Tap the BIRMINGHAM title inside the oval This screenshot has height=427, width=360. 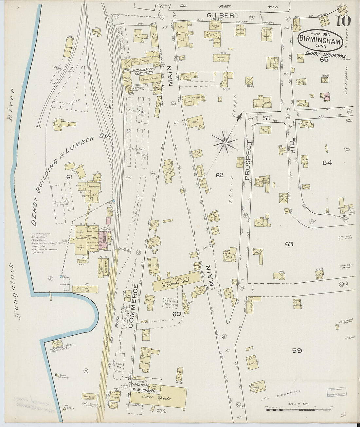(320, 42)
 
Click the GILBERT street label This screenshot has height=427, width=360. (223, 15)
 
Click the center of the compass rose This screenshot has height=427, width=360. (225, 142)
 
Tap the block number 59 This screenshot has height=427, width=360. (297, 350)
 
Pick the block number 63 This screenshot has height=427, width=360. (289, 244)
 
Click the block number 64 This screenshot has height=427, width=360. (327, 162)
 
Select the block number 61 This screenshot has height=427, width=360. (69, 177)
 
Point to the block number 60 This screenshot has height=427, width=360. (177, 314)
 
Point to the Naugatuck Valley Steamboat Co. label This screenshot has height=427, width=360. (64, 347)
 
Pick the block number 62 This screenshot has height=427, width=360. (219, 175)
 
